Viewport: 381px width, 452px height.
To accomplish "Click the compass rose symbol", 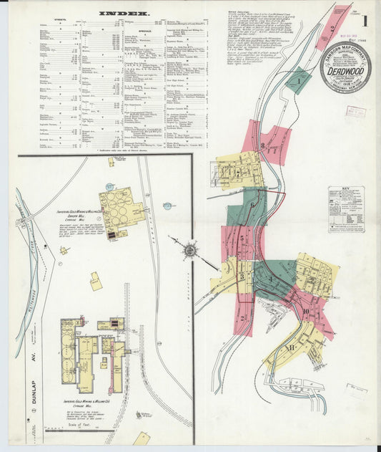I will coord(189,250).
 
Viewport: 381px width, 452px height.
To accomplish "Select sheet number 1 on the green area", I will coord(297,81).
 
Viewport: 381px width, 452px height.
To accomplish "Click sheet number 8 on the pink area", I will coord(263,147).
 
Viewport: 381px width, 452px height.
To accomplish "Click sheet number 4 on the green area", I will coord(272,279).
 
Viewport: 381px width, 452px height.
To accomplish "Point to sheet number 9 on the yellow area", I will coord(312,279).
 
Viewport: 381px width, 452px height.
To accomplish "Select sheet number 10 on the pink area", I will coord(305,312).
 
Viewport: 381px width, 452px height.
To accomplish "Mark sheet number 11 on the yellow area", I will coord(291,348).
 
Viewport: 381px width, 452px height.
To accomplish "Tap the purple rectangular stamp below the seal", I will coord(355,111).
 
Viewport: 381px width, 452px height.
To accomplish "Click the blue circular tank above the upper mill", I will coord(167,206).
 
